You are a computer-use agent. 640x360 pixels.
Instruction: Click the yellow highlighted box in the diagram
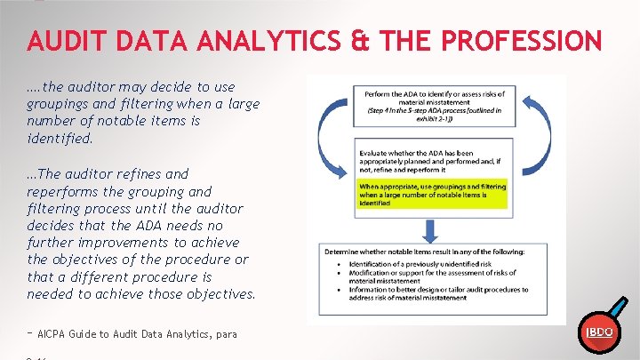click(432, 194)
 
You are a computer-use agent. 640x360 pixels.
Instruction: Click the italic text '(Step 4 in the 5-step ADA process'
click(432, 111)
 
